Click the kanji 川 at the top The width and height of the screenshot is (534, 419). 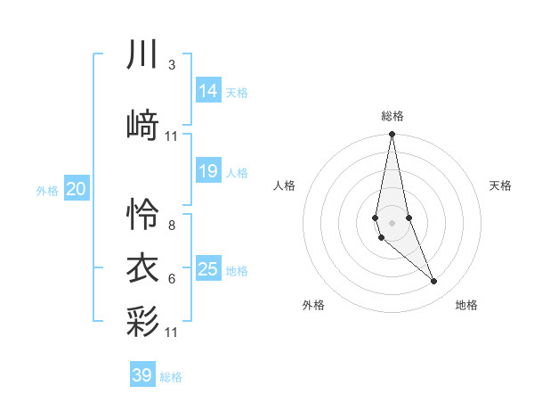(x=143, y=55)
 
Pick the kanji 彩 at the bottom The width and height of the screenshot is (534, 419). (x=143, y=321)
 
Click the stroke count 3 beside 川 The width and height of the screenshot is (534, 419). (x=171, y=65)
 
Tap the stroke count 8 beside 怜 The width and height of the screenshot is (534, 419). (x=171, y=225)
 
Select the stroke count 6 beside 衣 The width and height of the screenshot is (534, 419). (x=171, y=279)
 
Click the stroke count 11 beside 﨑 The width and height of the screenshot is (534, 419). (x=172, y=136)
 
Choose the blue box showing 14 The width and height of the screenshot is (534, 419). (x=207, y=90)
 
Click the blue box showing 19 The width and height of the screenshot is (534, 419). (x=207, y=171)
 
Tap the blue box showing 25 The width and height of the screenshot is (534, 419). (x=207, y=268)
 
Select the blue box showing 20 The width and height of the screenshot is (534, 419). (x=76, y=189)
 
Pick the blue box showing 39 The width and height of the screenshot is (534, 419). (x=142, y=375)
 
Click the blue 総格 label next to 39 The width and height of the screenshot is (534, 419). (x=171, y=377)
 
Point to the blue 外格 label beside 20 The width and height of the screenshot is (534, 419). (x=47, y=191)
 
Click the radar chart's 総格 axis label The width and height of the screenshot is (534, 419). (x=392, y=116)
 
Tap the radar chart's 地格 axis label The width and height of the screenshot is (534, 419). (x=466, y=305)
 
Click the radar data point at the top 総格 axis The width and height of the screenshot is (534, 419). (x=392, y=135)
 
